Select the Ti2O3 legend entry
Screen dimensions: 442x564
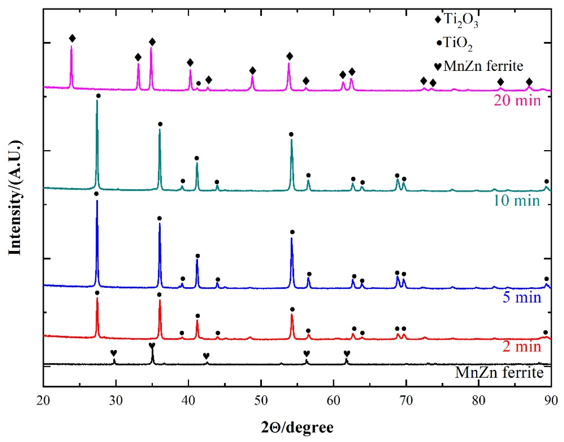pos(456,20)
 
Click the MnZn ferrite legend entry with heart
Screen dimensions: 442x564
pos(478,66)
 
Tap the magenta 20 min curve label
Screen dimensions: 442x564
pos(517,100)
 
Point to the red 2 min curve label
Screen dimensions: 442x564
pos(522,346)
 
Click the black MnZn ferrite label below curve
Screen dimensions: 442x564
pos(499,373)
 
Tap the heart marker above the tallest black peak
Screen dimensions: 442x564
pos(152,345)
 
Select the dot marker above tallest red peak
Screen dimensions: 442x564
pos(97,293)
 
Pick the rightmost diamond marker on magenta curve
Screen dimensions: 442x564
pos(529,82)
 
